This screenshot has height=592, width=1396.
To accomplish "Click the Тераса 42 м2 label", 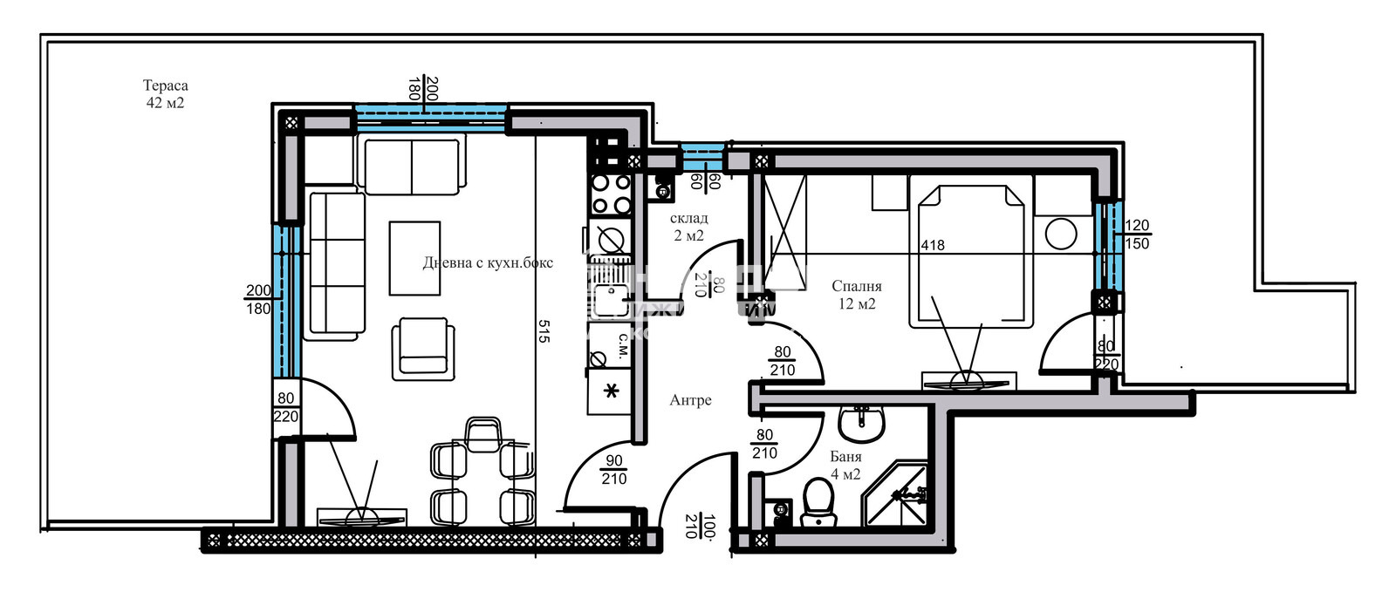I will (x=165, y=94).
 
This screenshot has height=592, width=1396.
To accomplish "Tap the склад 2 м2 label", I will (x=688, y=227).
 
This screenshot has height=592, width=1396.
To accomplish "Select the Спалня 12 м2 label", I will (x=856, y=295).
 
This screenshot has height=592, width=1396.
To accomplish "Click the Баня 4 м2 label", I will (x=845, y=466).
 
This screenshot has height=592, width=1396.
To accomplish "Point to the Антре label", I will (x=690, y=400).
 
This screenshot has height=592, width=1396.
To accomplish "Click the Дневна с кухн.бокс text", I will (x=487, y=262).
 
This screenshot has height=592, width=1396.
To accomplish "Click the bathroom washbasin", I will (x=861, y=424).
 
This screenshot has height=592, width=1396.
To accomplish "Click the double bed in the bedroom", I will (x=969, y=253).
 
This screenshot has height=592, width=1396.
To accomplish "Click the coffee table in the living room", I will (x=414, y=258).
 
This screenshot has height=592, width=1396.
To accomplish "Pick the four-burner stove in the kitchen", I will (x=611, y=194).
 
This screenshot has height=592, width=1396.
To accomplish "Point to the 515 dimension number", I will (x=544, y=331).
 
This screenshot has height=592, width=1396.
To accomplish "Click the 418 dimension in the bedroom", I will (x=932, y=245).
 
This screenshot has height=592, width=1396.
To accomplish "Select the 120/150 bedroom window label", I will (x=1136, y=235).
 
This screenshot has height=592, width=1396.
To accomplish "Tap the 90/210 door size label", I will (x=613, y=470).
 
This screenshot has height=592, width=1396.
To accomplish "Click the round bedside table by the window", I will (x=1062, y=234).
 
